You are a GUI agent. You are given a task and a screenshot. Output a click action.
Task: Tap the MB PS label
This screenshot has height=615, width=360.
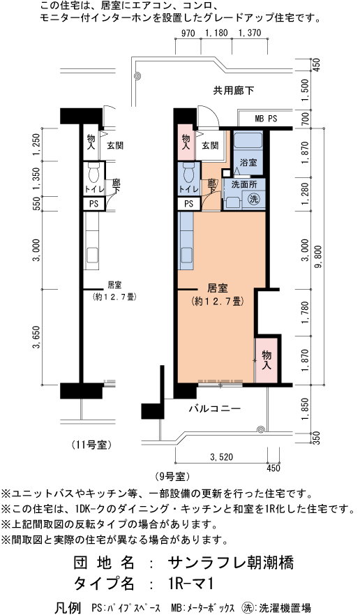pos(266,119)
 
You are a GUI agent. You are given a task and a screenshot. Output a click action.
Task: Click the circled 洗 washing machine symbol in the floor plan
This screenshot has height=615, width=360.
pos(254,198)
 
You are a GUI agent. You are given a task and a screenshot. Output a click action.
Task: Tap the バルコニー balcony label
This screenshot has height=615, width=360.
pos(214,409)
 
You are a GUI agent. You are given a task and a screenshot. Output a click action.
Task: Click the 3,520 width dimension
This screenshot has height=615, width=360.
pos(222,457)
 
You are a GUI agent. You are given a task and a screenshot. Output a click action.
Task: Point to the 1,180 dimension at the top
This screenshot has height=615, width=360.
pos(216,34)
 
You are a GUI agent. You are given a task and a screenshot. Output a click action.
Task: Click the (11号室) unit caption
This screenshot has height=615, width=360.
pos(92,445)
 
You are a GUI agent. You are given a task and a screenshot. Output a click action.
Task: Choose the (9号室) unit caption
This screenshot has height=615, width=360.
pos(171,477)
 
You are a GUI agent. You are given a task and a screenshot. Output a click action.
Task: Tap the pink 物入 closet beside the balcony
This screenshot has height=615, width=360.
pos(267,360)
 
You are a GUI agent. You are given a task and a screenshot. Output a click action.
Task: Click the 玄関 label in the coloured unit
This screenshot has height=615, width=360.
pos(210,145)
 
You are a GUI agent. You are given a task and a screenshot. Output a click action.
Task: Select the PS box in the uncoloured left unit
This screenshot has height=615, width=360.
pos(93,204)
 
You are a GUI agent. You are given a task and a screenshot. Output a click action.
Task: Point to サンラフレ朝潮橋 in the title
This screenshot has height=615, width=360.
pos(231,563)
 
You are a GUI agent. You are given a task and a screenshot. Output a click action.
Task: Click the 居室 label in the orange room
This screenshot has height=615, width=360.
pos(218,289)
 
